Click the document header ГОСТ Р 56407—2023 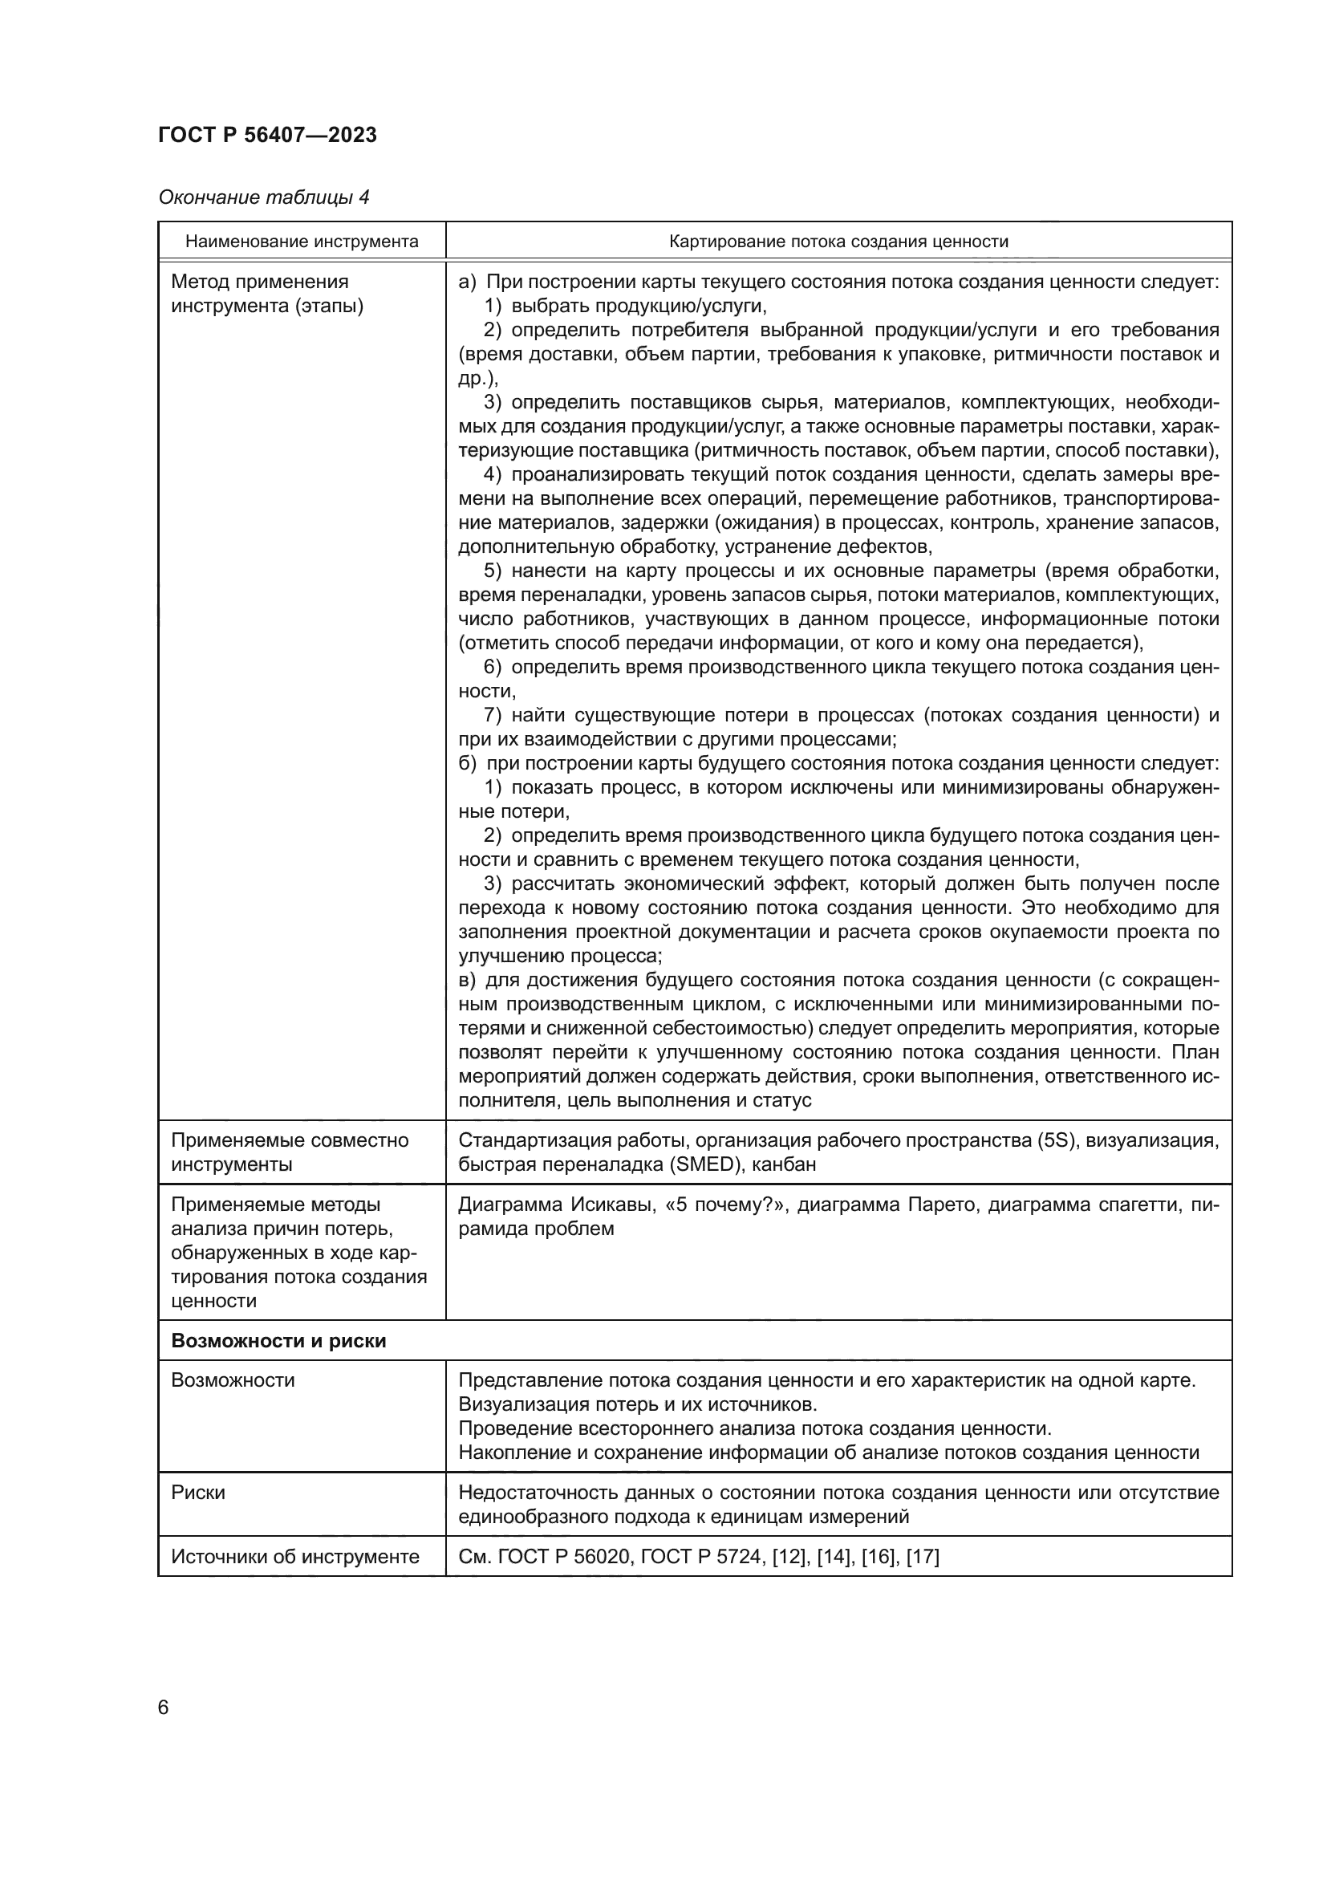(267, 135)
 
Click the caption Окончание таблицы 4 (263, 197)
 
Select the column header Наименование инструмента (302, 242)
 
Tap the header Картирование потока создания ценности (838, 242)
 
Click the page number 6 (164, 1707)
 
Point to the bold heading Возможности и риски (278, 1341)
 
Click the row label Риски (197, 1493)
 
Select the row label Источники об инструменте (295, 1557)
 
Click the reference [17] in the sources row (923, 1557)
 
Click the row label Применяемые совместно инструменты (290, 1152)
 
